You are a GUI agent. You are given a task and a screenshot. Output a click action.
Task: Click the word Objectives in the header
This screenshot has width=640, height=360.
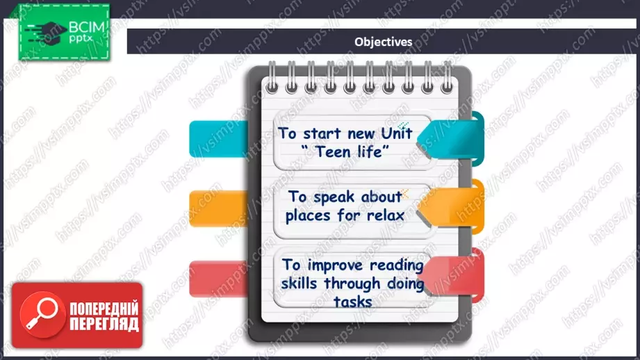click(x=384, y=42)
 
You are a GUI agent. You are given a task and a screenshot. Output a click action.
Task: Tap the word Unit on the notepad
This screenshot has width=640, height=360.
click(x=396, y=133)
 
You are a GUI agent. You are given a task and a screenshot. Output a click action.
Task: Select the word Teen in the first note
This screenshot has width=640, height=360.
click(x=333, y=152)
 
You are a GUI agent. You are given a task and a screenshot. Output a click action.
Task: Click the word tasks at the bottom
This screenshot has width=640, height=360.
click(x=352, y=302)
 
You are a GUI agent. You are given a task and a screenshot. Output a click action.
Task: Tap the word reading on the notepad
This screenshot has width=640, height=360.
click(x=397, y=265)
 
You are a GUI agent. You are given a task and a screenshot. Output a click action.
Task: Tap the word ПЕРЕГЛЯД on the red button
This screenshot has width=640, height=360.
click(x=104, y=324)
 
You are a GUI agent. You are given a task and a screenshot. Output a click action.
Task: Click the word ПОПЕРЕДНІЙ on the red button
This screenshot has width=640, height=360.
click(x=104, y=309)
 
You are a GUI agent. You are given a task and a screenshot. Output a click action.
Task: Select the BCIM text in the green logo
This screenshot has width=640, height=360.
click(x=87, y=27)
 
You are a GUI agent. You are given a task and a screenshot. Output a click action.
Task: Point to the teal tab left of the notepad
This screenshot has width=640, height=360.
click(x=218, y=139)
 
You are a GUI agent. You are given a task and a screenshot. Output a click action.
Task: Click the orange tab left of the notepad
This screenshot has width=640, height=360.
click(x=218, y=208)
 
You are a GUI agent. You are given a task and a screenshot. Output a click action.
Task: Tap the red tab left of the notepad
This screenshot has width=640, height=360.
click(x=218, y=279)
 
